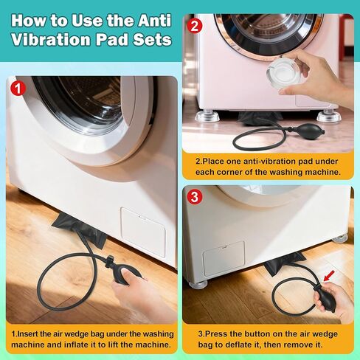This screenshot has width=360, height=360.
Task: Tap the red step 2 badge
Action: coord(195,26)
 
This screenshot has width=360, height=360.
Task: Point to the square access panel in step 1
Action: coord(143,231)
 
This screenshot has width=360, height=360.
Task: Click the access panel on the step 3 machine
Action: coord(224,259)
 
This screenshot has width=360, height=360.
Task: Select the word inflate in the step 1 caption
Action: coord(93,345)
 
